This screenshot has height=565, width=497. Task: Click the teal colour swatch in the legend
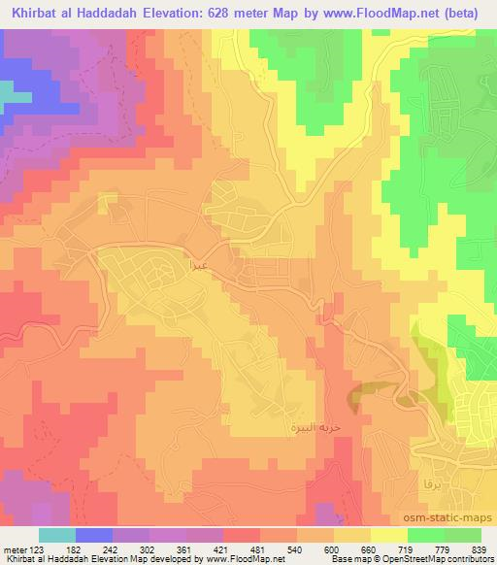[x=56, y=535]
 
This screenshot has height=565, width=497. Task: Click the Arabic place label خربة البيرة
[x=309, y=427]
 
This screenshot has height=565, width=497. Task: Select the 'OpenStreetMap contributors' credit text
[x=434, y=560]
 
